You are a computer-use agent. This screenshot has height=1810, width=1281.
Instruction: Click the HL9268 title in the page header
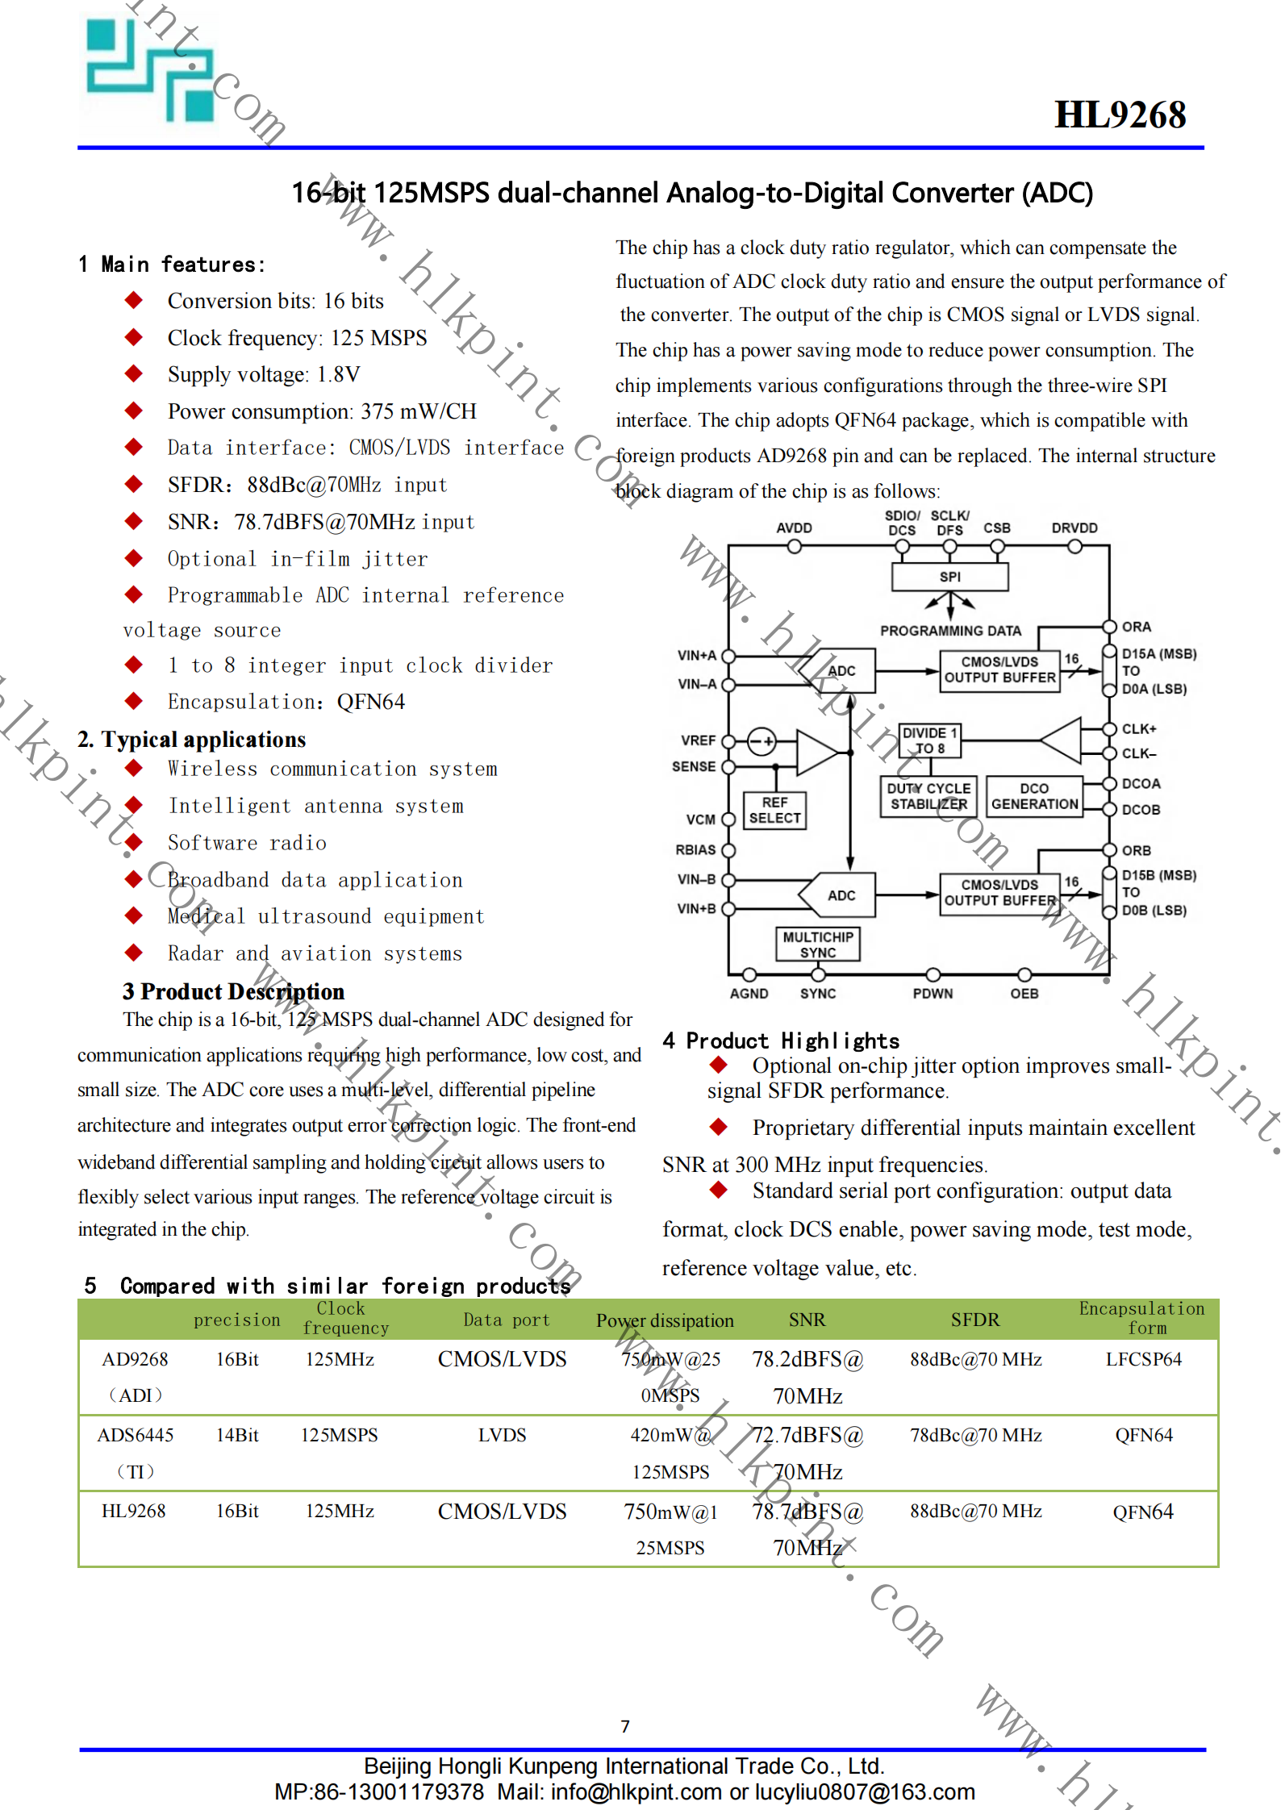point(1120,115)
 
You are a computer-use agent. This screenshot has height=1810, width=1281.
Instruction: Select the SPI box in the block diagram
point(949,577)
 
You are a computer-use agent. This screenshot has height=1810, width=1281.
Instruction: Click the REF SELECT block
point(774,810)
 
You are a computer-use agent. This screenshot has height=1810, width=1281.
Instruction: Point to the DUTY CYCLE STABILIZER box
point(928,796)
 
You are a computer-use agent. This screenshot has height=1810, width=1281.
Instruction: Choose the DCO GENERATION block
point(1034,796)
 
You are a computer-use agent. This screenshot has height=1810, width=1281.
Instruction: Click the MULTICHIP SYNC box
point(817,945)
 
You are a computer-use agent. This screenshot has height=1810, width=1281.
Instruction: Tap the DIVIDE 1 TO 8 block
point(930,740)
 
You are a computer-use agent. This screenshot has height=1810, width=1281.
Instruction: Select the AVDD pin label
point(794,528)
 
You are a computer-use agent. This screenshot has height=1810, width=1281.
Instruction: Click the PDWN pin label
point(933,994)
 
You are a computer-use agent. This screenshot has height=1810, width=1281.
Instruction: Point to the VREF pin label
point(698,740)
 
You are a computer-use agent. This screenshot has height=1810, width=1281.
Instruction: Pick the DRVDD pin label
point(1074,528)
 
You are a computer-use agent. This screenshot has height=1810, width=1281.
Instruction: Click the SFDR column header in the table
point(974,1320)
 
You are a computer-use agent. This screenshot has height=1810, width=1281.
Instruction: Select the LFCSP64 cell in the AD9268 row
point(1143,1359)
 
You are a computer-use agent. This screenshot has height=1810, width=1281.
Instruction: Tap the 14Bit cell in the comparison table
point(237,1435)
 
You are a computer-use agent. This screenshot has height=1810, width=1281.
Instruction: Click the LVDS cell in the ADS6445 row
point(502,1435)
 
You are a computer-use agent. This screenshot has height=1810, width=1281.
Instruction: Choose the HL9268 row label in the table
point(134,1511)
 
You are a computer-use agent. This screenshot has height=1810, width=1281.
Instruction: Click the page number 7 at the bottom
point(625,1726)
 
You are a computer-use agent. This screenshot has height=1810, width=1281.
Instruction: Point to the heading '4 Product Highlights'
point(780,1041)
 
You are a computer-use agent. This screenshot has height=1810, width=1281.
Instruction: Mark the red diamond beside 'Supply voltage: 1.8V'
point(134,373)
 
